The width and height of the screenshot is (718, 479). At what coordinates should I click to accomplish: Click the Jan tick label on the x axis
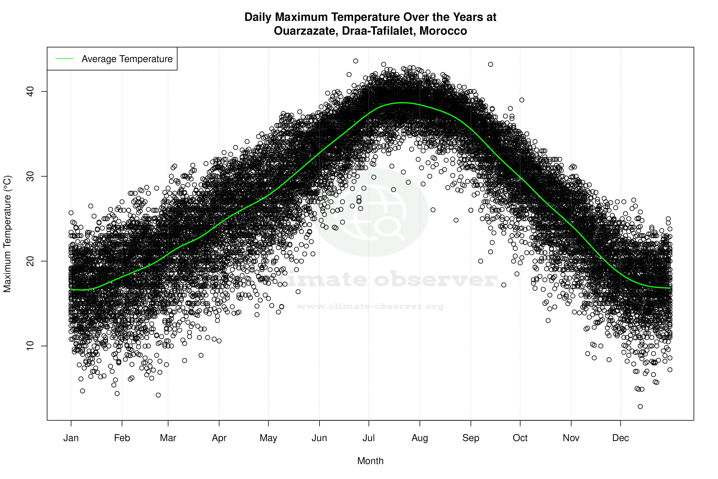(x=71, y=438)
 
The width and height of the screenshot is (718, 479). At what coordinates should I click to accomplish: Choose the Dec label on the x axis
(x=620, y=438)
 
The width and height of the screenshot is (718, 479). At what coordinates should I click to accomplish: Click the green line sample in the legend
(x=64, y=59)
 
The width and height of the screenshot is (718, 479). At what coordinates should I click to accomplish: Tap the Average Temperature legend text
(x=127, y=59)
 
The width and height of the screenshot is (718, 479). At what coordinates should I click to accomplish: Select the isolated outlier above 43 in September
(x=490, y=64)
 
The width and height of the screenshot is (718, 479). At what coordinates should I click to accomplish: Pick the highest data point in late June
(x=355, y=61)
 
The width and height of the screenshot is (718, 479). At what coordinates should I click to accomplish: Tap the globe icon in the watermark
(x=371, y=212)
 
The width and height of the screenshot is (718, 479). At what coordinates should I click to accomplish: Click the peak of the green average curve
(x=403, y=103)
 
